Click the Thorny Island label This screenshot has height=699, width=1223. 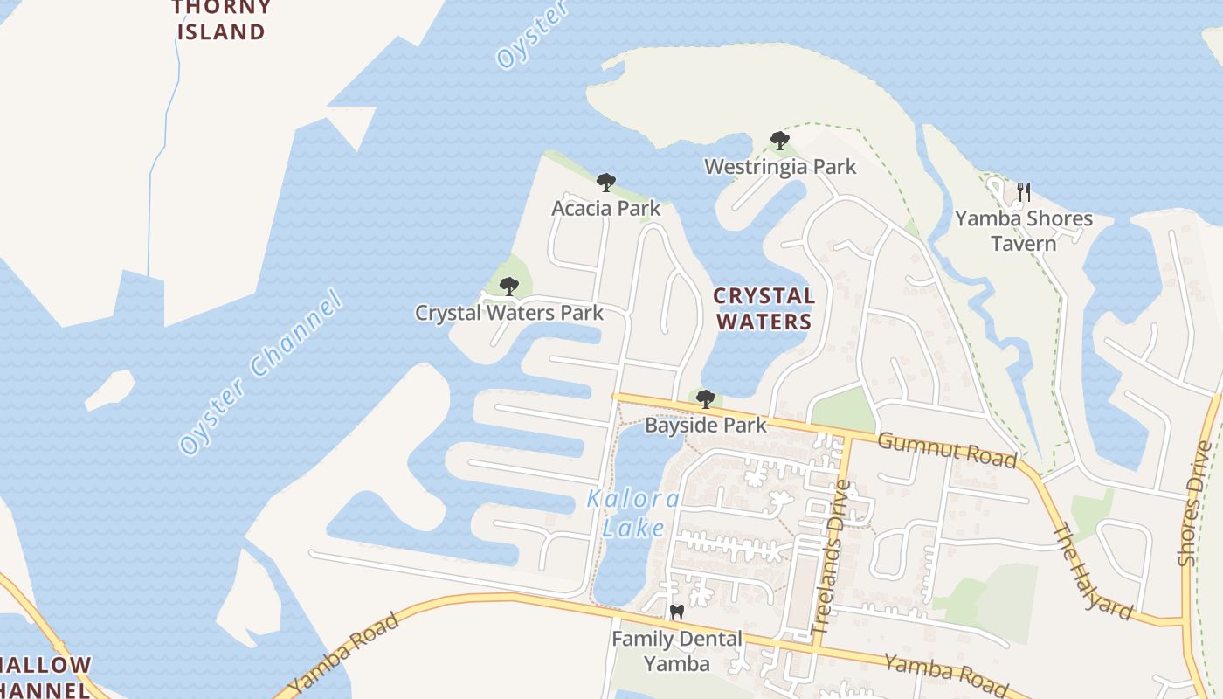tap(221, 20)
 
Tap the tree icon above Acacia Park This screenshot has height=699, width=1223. tap(605, 183)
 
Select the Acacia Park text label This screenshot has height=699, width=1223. tap(605, 209)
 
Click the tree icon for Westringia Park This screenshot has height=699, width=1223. tap(780, 141)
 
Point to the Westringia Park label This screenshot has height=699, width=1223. tap(780, 166)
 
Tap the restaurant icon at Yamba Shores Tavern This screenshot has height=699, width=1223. tap(1024, 191)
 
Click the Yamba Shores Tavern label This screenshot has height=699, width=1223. tap(1024, 231)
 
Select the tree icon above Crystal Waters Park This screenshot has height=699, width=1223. tap(509, 286)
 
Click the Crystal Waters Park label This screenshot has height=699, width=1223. tap(509, 313)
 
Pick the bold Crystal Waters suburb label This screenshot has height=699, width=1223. tap(764, 308)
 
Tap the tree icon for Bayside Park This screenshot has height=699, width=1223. tap(706, 399)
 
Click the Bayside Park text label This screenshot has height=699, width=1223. tap(706, 426)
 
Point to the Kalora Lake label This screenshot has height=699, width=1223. tap(633, 514)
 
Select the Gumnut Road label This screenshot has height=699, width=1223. tap(947, 449)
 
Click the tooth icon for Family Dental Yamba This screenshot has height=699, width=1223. tap(675, 612)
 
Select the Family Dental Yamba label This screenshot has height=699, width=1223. tap(676, 651)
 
